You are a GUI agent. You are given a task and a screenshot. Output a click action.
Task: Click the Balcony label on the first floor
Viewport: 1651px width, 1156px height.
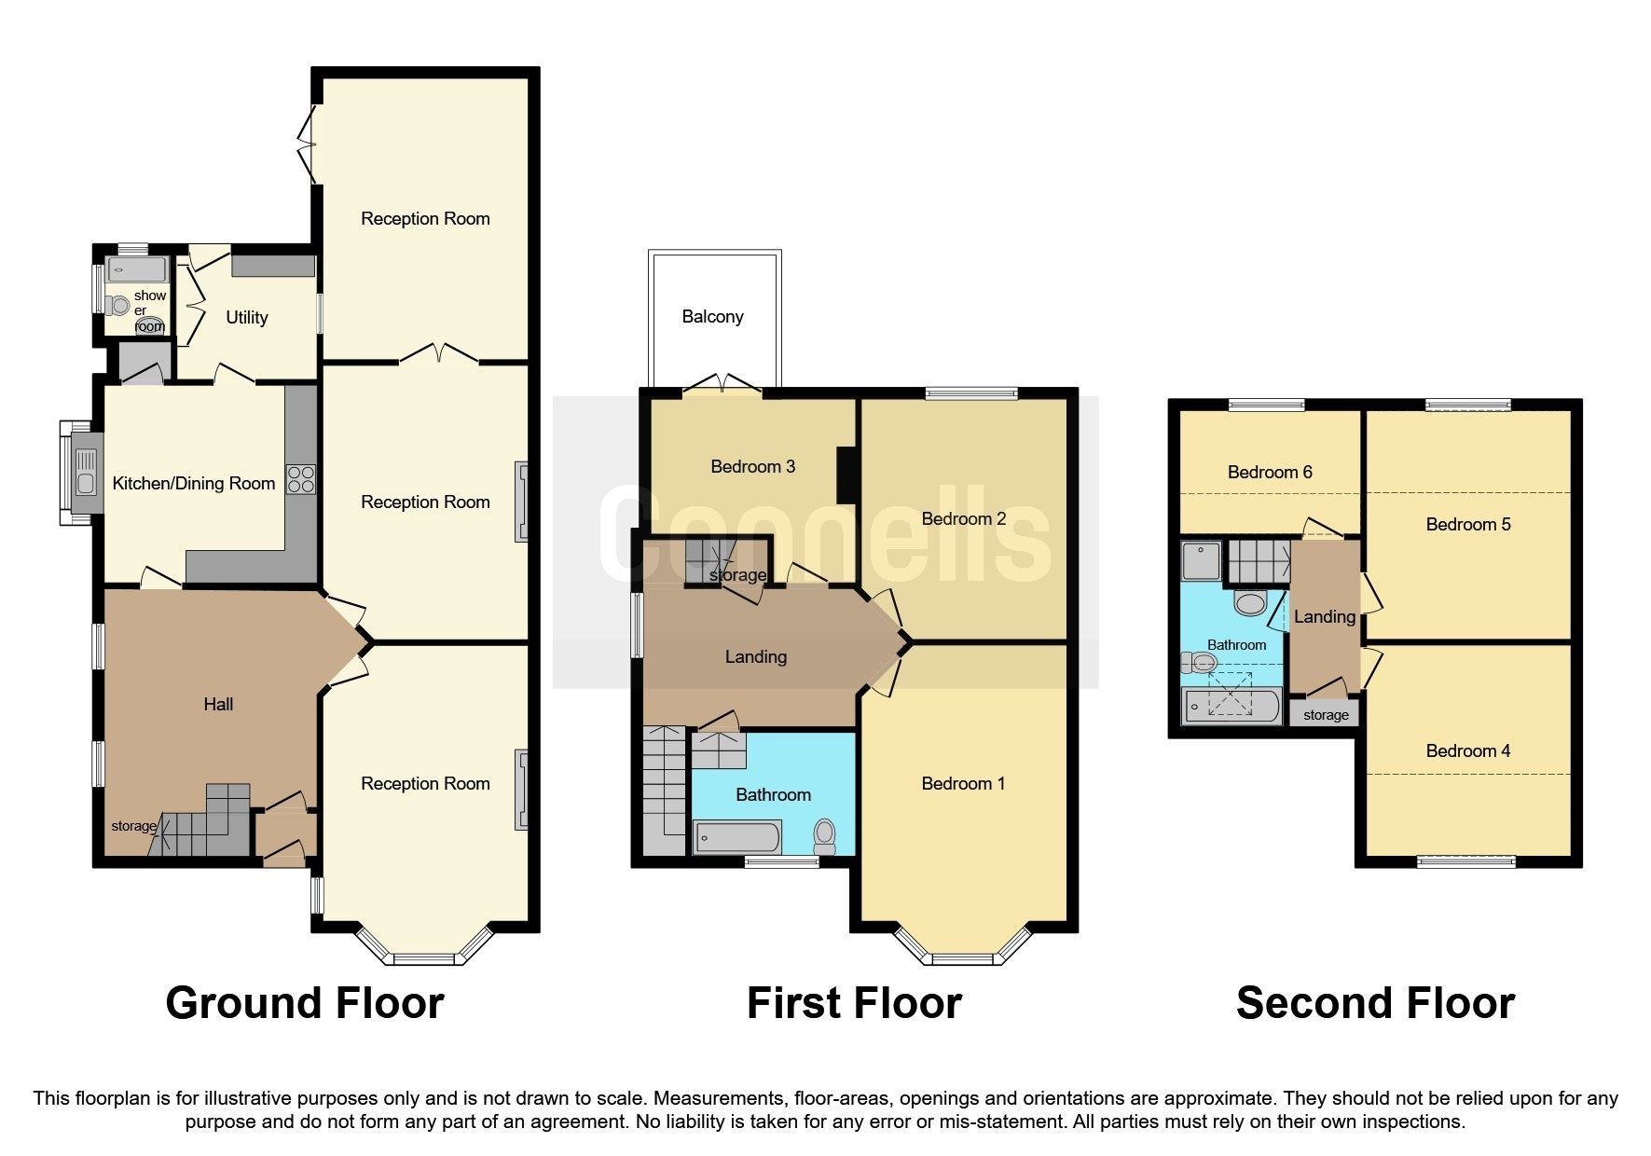(712, 317)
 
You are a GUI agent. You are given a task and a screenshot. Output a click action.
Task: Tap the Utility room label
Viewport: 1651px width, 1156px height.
(247, 318)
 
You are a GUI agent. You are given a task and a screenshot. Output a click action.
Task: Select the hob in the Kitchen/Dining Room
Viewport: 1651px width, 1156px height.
(301, 479)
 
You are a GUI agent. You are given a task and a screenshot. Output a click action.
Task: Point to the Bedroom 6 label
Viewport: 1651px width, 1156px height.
(1269, 473)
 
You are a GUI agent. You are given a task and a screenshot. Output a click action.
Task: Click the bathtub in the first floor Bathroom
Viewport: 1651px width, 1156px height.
(736, 837)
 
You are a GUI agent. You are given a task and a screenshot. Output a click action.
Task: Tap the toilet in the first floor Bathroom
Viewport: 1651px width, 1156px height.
(824, 835)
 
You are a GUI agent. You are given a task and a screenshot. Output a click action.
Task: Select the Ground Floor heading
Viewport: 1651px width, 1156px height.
(305, 1004)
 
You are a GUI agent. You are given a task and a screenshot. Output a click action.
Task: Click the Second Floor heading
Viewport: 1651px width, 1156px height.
(1375, 1004)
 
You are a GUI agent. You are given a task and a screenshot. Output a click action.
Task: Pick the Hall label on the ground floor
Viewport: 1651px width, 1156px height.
(218, 705)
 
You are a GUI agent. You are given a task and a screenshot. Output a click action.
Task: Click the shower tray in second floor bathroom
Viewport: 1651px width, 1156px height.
(1202, 560)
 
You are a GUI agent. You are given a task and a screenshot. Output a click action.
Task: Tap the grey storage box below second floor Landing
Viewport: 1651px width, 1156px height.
(1325, 715)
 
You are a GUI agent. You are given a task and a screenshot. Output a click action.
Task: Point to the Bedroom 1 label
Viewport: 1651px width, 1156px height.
(963, 784)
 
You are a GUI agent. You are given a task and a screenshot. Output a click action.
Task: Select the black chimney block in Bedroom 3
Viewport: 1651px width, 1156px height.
(847, 476)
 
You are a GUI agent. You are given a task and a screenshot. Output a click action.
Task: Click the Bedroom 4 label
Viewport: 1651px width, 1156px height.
(1467, 751)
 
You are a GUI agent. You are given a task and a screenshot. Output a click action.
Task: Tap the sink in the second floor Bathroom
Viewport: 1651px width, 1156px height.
(1249, 602)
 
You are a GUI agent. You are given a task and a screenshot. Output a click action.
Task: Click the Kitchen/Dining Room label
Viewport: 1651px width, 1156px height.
(194, 484)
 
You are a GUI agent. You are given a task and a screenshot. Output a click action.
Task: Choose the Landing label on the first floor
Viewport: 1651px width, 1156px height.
(755, 657)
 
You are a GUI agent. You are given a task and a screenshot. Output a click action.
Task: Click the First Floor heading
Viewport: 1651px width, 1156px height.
(854, 1004)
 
